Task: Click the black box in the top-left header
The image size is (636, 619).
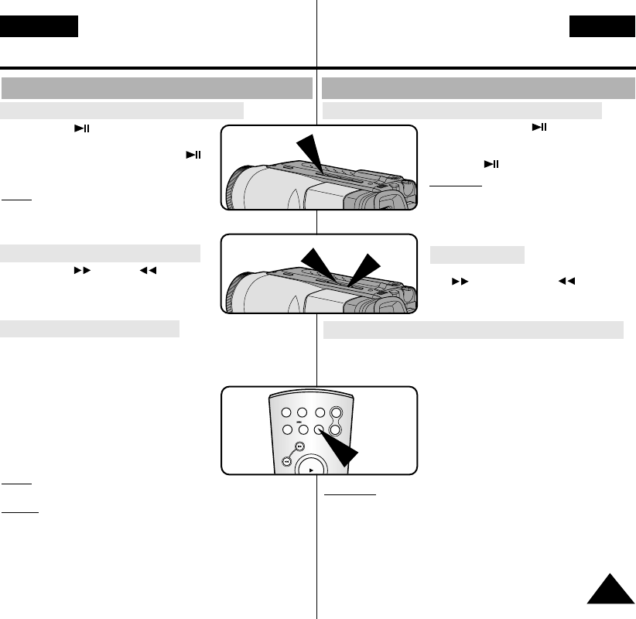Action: pyautogui.click(x=39, y=27)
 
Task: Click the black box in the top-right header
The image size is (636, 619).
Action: pyautogui.click(x=601, y=27)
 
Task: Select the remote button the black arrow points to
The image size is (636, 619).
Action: pyautogui.click(x=320, y=429)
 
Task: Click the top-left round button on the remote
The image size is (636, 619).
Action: pyautogui.click(x=286, y=414)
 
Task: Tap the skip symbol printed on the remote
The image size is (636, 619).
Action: pyautogui.click(x=302, y=422)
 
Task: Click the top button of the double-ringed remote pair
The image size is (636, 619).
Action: pyautogui.click(x=336, y=414)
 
